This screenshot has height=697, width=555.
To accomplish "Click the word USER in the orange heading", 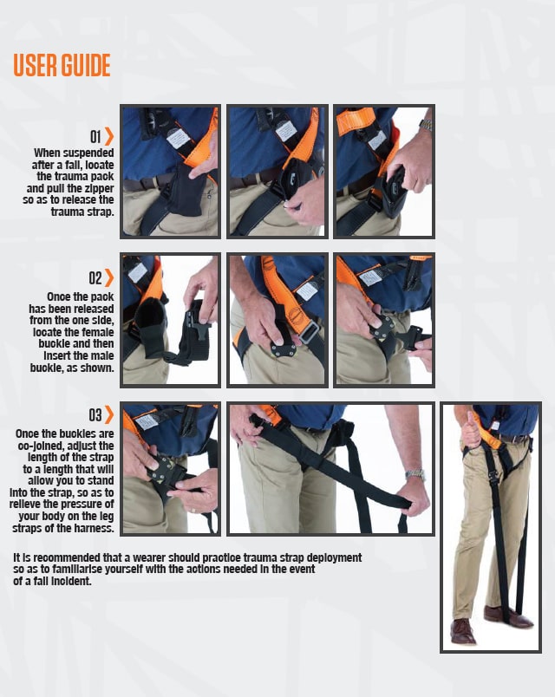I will (36, 65).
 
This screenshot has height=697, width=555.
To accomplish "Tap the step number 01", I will (95, 137).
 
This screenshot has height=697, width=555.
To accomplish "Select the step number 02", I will (95, 278).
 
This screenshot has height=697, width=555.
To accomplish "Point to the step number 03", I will (95, 415).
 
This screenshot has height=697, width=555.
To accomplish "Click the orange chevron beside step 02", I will (109, 278).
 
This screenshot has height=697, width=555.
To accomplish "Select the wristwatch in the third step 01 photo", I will (425, 124).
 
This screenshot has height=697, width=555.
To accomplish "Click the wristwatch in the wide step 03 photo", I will (415, 475).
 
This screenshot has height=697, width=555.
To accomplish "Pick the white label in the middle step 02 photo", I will (306, 290).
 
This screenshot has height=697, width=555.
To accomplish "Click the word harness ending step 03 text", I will (93, 528).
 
